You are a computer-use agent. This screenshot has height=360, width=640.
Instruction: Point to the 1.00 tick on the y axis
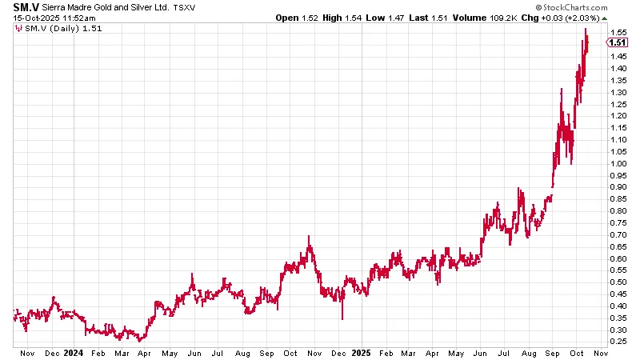tap(617, 163)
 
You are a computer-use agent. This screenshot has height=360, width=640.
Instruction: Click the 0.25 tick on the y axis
tap(617, 342)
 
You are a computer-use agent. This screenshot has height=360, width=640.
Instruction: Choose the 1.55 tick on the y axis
tap(617, 32)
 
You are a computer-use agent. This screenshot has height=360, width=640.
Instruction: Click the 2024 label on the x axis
tap(73, 352)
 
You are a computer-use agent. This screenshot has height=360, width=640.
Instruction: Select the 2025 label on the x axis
tap(361, 352)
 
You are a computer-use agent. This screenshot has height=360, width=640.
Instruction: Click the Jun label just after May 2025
tap(481, 352)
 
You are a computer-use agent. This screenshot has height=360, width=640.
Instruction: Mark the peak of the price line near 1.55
tap(586, 29)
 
